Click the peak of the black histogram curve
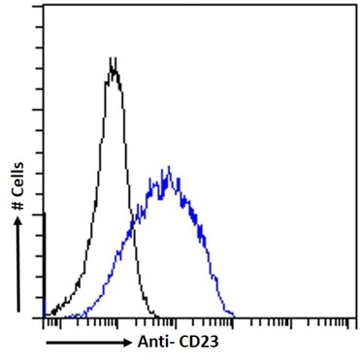(x=114, y=60)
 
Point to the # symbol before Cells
(x=19, y=207)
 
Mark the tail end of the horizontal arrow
(x=46, y=343)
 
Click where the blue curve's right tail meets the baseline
(x=235, y=315)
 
